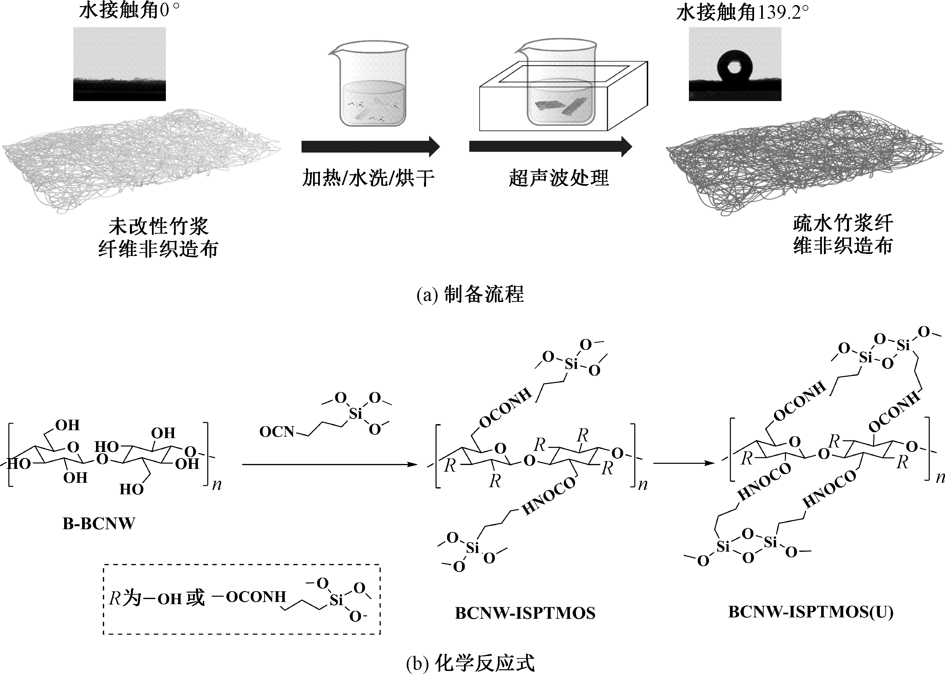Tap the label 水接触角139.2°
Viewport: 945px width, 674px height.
click(x=743, y=13)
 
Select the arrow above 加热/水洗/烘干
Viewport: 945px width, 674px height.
click(x=370, y=146)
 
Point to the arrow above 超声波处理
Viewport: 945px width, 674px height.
click(x=550, y=146)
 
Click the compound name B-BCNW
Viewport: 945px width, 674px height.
click(x=99, y=524)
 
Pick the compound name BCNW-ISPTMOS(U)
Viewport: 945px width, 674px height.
click(x=810, y=612)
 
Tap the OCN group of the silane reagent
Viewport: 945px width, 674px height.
click(x=276, y=432)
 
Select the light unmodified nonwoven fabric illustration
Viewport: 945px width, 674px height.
click(x=141, y=160)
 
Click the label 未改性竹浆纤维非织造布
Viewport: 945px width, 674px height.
click(x=158, y=238)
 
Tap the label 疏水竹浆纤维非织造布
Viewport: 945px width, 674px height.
click(x=843, y=235)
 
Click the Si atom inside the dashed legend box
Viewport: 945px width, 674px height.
click(x=336, y=600)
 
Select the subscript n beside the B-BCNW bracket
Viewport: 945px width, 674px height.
click(x=217, y=484)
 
